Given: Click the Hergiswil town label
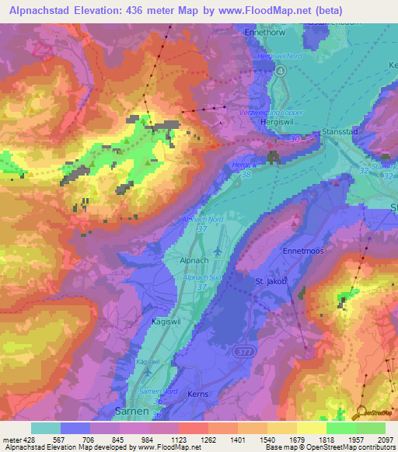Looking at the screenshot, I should point(281,123).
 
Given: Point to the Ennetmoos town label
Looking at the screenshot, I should point(302,252).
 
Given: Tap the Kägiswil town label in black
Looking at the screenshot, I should point(158,318).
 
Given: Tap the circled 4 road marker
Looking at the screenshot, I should point(281,69).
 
